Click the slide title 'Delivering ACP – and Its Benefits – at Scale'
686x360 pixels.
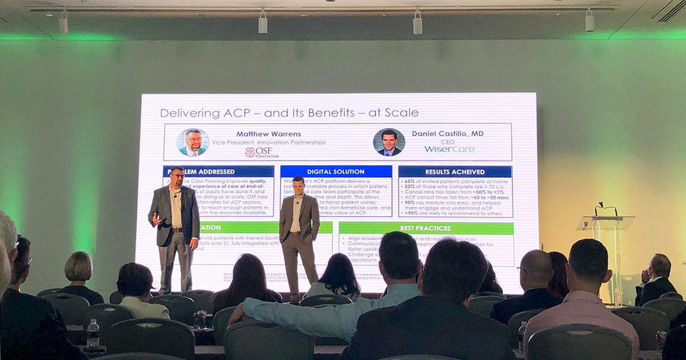point(289,113)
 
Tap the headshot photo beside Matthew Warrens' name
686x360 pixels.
point(193,142)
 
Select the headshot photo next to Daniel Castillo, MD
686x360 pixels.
point(389,142)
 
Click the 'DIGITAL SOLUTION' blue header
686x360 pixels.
point(336,171)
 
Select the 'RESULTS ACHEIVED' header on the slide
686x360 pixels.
point(454,171)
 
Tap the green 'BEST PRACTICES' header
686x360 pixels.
point(426,228)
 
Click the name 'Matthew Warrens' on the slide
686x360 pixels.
point(261,134)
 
